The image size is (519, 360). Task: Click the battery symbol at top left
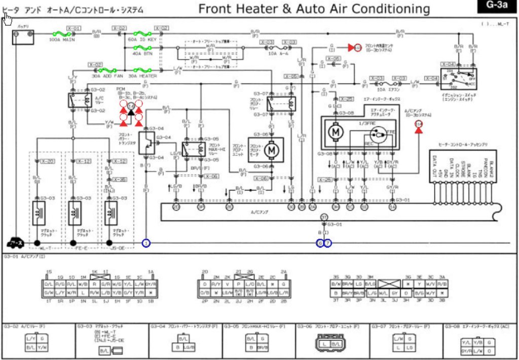coord(23,37)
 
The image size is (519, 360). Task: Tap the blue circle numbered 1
coord(146,243)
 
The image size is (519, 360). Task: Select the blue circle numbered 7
coord(328,243)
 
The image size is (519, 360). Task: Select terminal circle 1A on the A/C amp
coord(392,207)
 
